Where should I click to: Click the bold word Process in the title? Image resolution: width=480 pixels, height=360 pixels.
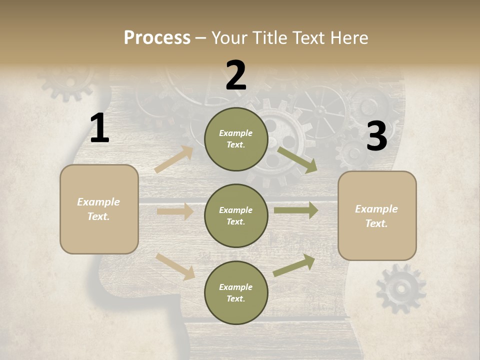point(157,38)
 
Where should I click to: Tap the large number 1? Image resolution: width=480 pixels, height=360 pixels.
point(99,129)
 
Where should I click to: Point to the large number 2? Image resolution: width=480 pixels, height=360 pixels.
point(236,76)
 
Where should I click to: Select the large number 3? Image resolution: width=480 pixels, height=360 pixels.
point(376,136)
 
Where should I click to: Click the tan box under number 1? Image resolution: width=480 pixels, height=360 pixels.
point(99,209)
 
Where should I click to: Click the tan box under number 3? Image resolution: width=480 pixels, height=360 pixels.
point(377,215)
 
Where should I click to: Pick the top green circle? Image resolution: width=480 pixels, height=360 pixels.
point(236,139)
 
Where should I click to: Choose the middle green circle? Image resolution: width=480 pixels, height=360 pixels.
point(236,215)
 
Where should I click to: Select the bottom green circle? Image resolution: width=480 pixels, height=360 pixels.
point(236,292)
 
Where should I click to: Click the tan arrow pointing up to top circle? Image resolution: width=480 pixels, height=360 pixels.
point(174,159)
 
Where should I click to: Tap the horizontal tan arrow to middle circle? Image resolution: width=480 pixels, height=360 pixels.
point(175,211)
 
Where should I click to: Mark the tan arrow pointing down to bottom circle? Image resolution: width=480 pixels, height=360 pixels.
point(175,266)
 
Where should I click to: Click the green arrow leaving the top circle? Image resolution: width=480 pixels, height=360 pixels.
point(297,160)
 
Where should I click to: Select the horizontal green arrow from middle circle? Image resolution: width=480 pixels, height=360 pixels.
point(295,210)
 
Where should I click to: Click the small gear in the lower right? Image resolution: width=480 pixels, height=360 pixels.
point(400,288)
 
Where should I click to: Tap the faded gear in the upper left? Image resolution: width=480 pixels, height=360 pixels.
point(67,81)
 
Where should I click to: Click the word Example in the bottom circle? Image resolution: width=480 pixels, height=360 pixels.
point(235,287)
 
